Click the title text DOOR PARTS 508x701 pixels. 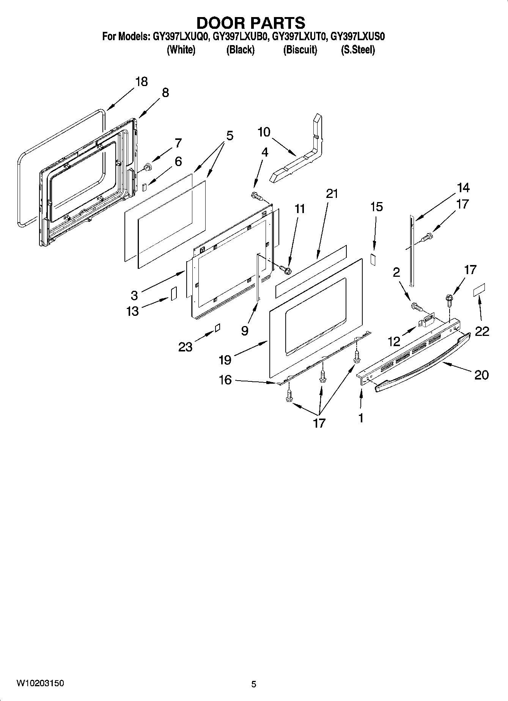point(251,23)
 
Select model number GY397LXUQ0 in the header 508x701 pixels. point(180,37)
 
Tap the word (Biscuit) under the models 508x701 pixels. point(300,50)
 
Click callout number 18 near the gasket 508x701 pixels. point(142,82)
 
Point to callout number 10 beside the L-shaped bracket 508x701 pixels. point(264,132)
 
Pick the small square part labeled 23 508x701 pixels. point(217,328)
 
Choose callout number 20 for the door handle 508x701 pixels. point(481,375)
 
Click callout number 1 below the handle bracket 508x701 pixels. point(360,418)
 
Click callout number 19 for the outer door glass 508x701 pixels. point(225,359)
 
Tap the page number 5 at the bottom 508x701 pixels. point(254,684)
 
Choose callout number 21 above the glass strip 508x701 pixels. point(332,194)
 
